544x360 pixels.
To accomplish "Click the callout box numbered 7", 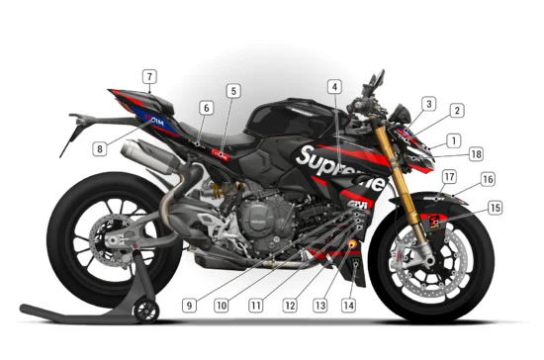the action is pyautogui.click(x=148, y=76).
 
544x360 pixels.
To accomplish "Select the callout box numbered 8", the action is pyautogui.click(x=99, y=149).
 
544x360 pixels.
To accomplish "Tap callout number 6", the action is pyautogui.click(x=206, y=108).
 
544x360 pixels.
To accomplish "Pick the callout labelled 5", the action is pyautogui.click(x=232, y=91).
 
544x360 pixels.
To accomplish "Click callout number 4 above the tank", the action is pyautogui.click(x=334, y=87).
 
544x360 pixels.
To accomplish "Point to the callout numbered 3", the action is pyautogui.click(x=428, y=103).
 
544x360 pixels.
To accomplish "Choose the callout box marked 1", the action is pyautogui.click(x=452, y=140).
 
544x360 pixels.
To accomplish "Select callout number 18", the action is pyautogui.click(x=477, y=154).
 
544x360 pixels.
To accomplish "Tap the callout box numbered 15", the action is pyautogui.click(x=495, y=208).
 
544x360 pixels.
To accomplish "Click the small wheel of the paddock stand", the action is pyautogui.click(x=147, y=313).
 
